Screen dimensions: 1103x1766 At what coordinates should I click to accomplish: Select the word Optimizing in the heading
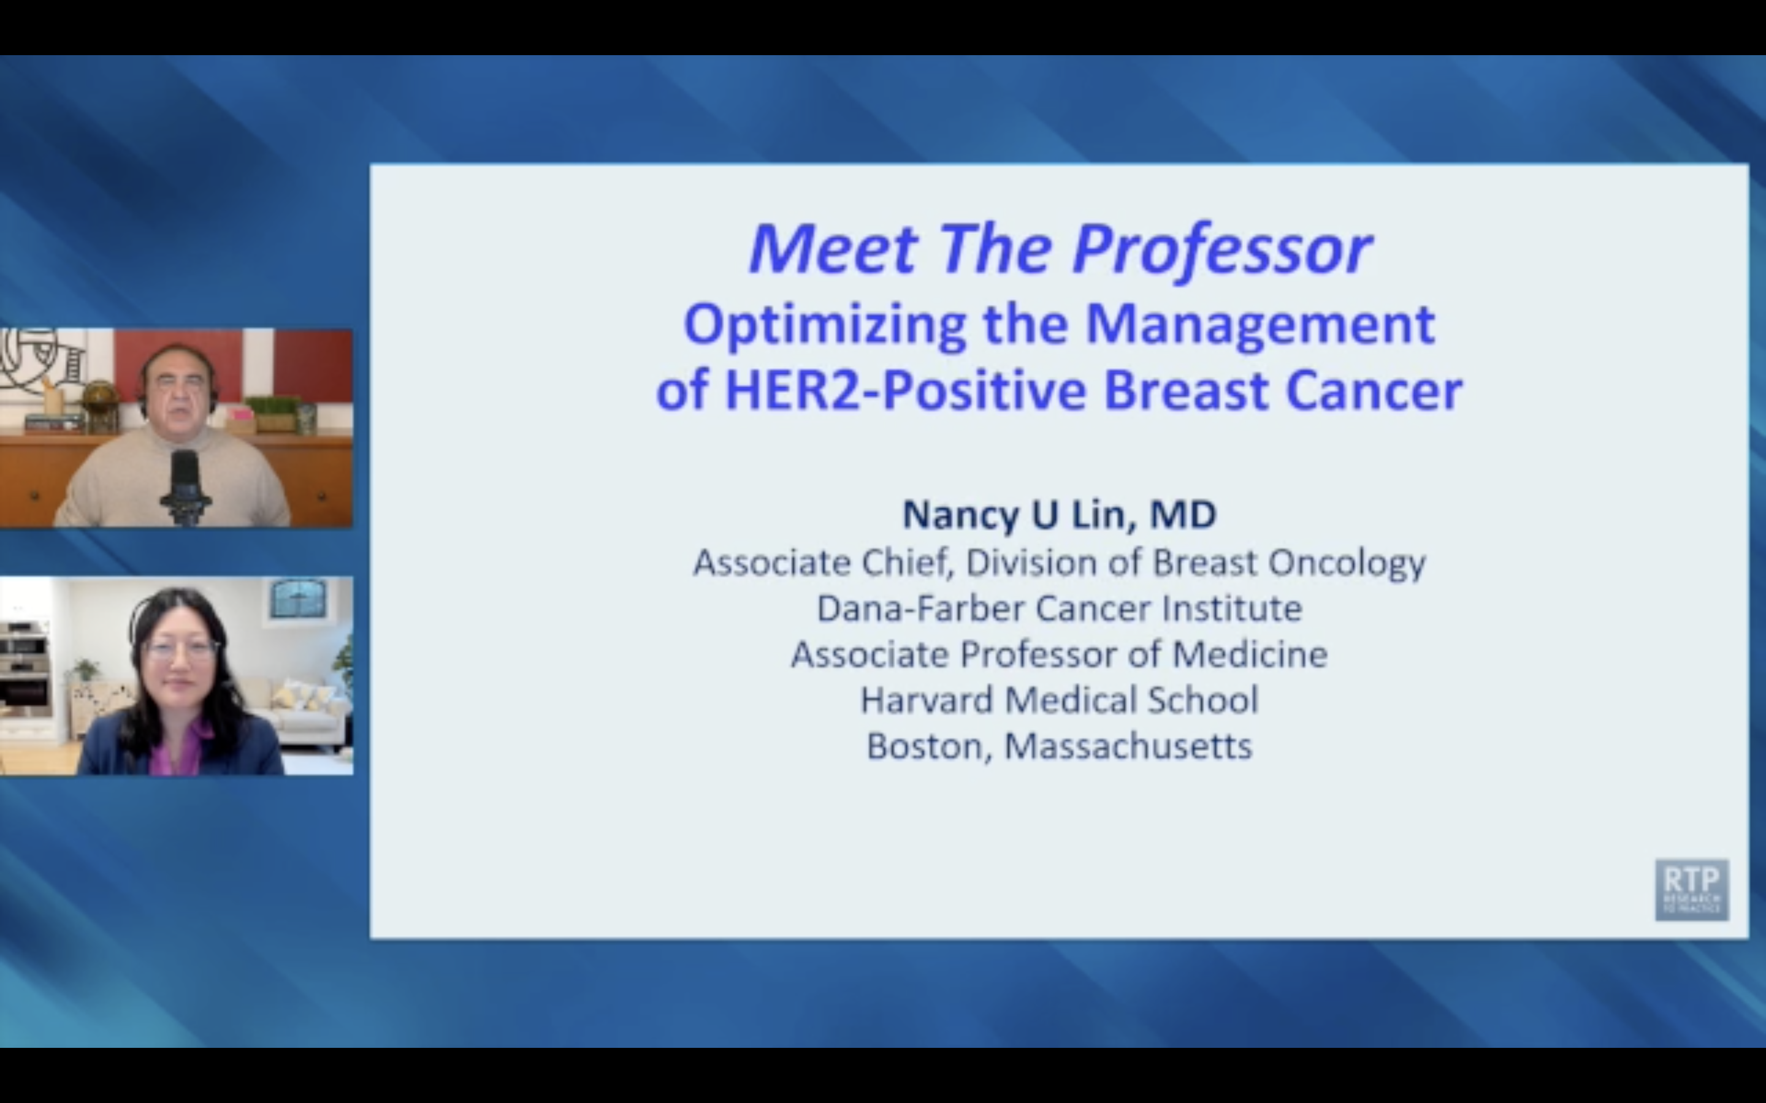point(825,325)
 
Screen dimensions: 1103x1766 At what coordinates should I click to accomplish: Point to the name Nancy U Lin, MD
point(1059,514)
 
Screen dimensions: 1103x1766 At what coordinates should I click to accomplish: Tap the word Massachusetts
point(1128,746)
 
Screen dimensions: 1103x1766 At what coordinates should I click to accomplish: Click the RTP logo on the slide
point(1691,889)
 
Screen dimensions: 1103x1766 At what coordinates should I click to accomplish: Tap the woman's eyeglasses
point(180,648)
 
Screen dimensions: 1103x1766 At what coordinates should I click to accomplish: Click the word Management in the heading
point(1260,325)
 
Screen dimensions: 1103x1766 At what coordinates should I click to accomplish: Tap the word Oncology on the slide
point(1347,563)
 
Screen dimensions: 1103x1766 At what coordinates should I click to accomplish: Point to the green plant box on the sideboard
point(273,412)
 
